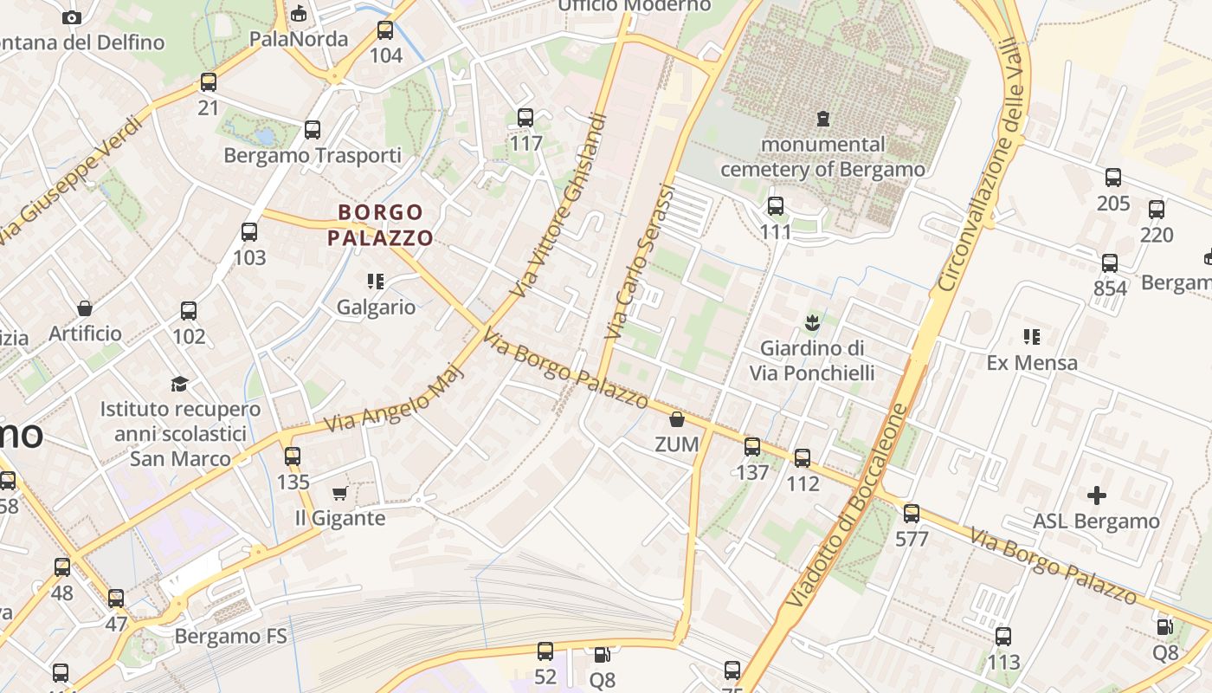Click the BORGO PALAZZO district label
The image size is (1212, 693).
pyautogui.click(x=381, y=224)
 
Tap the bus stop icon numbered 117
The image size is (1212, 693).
pyautogui.click(x=525, y=118)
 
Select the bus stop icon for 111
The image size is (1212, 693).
pyautogui.click(x=776, y=206)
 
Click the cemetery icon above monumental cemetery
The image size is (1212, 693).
pyautogui.click(x=822, y=118)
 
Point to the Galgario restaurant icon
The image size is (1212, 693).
pyautogui.click(x=376, y=282)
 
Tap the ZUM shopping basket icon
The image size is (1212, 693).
pyautogui.click(x=677, y=420)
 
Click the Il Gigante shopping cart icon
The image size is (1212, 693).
pyautogui.click(x=339, y=493)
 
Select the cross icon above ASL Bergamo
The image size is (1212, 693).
pyautogui.click(x=1096, y=495)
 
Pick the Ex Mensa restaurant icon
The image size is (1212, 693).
pyautogui.click(x=1031, y=336)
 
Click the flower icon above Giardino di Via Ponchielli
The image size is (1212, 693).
pyautogui.click(x=812, y=324)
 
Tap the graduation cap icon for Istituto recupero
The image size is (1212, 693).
pyautogui.click(x=179, y=384)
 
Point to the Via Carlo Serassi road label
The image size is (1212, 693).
pyautogui.click(x=640, y=261)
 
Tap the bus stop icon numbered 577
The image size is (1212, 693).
pyautogui.click(x=912, y=514)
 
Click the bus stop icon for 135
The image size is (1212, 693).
pyautogui.click(x=293, y=456)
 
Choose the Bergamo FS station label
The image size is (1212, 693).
pyautogui.click(x=230, y=637)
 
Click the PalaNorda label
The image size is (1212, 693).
pyautogui.click(x=298, y=39)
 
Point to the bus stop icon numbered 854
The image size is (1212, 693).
pyautogui.click(x=1110, y=263)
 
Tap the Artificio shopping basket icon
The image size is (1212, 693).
pyautogui.click(x=85, y=308)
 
